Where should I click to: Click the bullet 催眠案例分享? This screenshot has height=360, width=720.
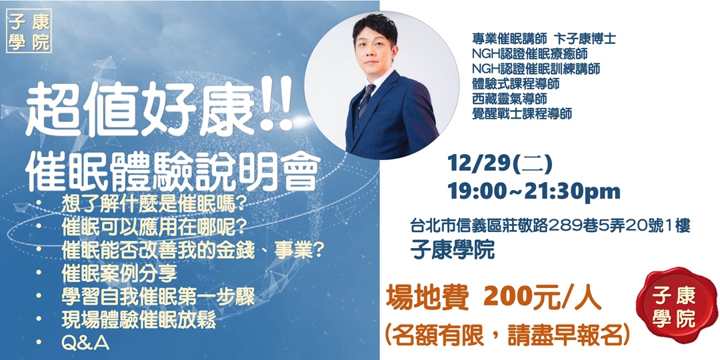tap(119, 273)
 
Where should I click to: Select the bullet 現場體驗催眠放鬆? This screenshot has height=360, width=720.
tap(138, 321)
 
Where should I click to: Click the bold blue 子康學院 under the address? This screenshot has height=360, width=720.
tap(453, 249)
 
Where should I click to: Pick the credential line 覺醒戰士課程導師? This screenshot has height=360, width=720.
tap(522, 113)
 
